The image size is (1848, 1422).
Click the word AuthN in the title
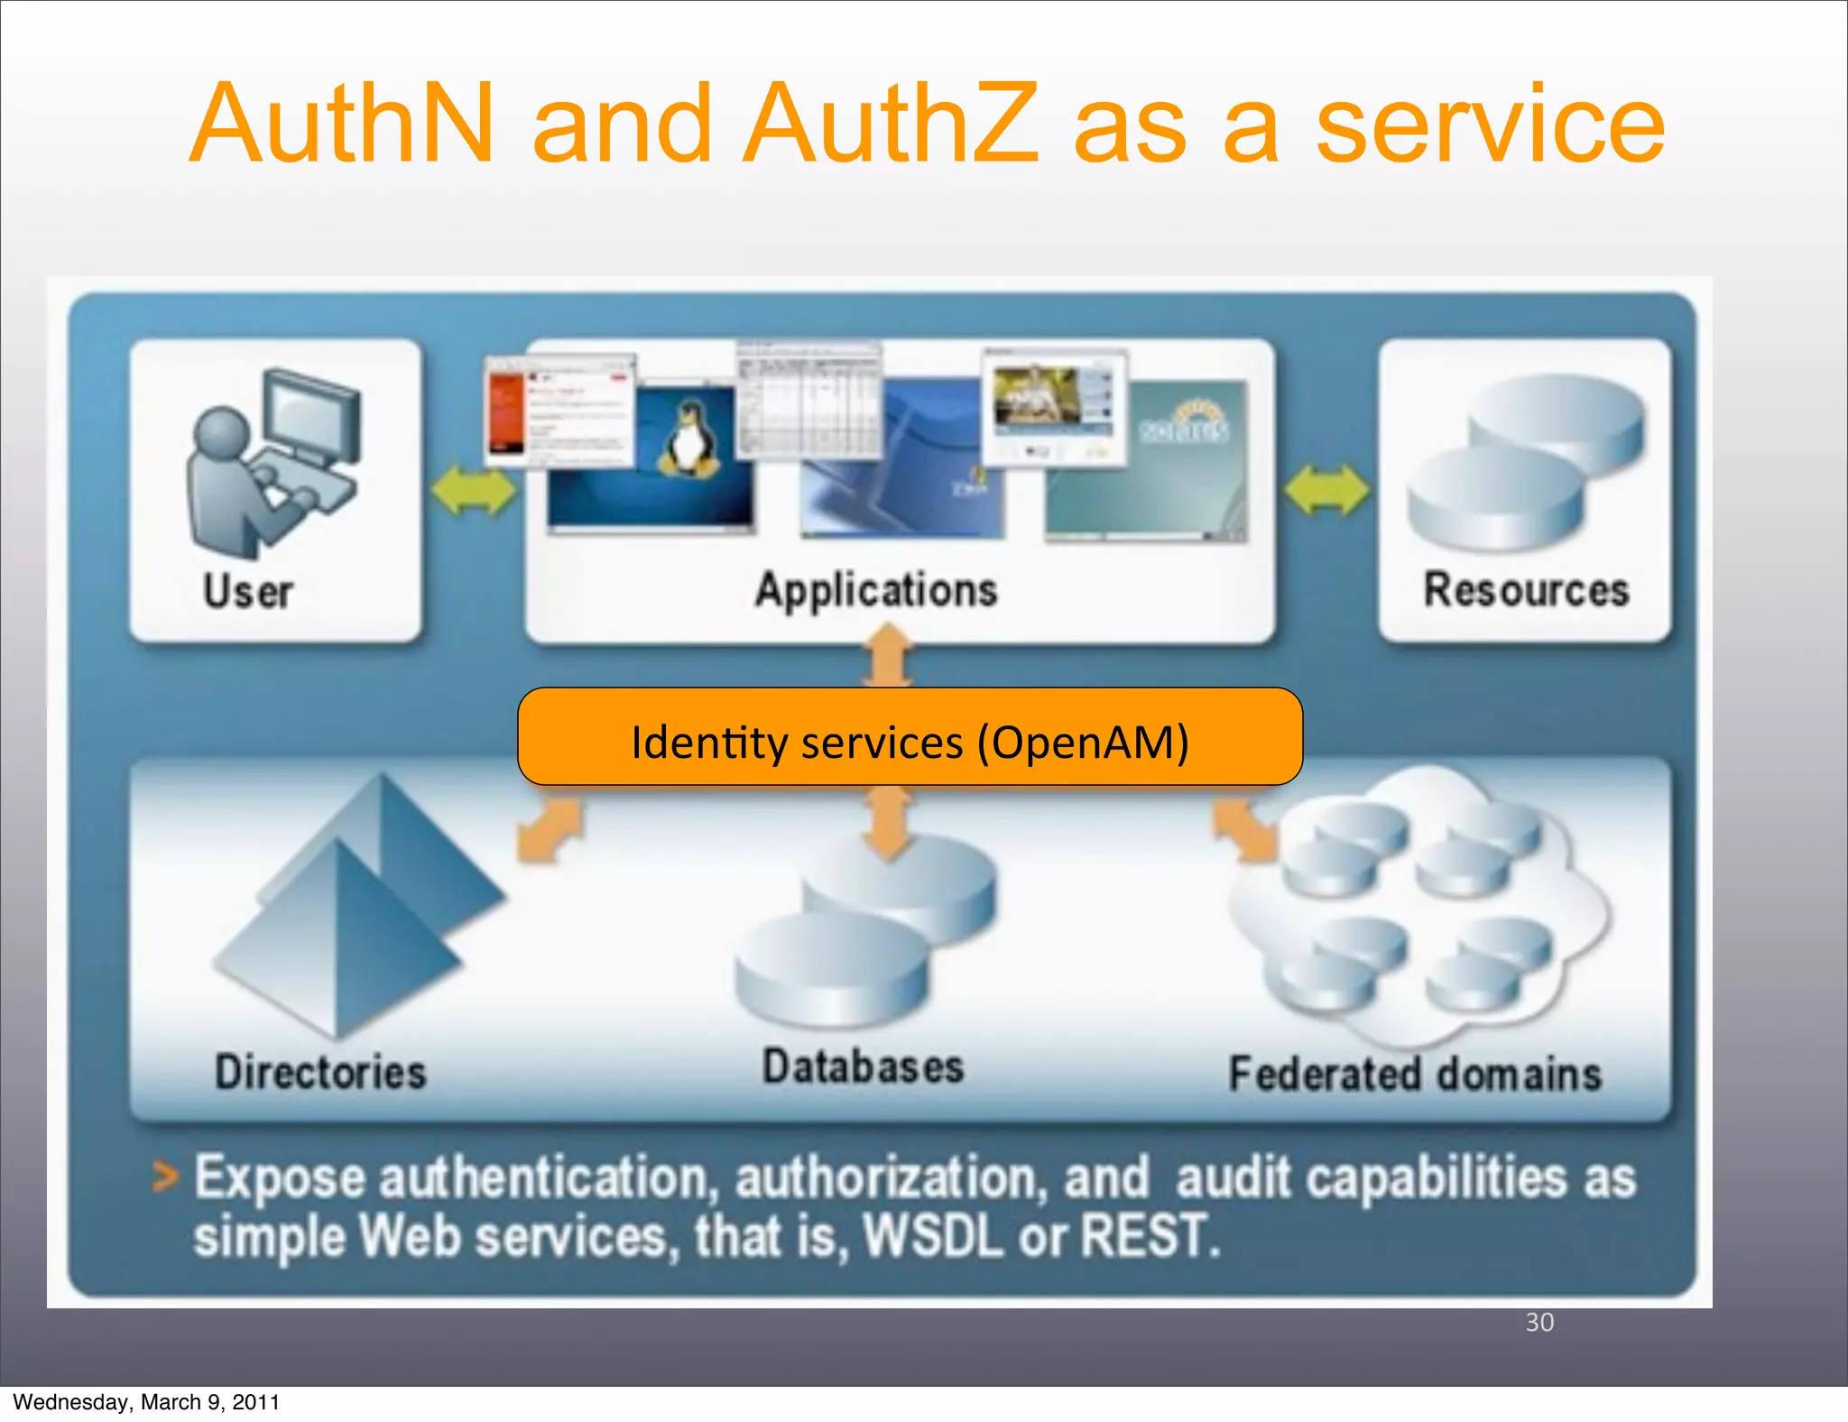tap(342, 124)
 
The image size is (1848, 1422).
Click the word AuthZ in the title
tap(890, 124)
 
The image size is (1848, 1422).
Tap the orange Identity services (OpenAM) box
tap(910, 737)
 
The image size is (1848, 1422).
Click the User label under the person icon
tap(248, 592)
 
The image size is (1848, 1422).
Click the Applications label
tap(876, 590)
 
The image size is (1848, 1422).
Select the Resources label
tap(1526, 590)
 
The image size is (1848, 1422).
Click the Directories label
tap(320, 1072)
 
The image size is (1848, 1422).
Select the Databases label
tap(864, 1066)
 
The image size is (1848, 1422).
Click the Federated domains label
tap(1415, 1074)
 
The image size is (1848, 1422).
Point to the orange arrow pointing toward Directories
tap(549, 828)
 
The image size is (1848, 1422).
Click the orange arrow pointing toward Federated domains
tap(1245, 828)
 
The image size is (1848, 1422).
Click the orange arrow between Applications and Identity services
tap(890, 657)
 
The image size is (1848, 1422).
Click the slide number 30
tap(1539, 1322)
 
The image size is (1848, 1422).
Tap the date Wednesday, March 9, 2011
tap(146, 1402)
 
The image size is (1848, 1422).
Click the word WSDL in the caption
tap(933, 1236)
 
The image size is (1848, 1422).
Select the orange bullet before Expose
tap(165, 1177)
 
